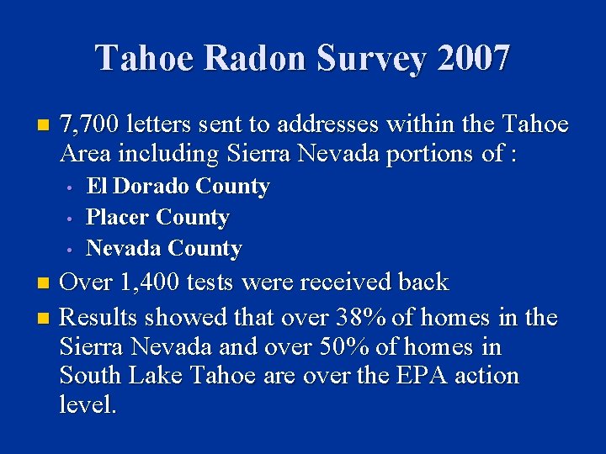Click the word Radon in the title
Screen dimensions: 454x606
point(255,59)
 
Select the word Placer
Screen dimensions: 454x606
point(119,217)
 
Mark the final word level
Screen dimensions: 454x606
point(88,404)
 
